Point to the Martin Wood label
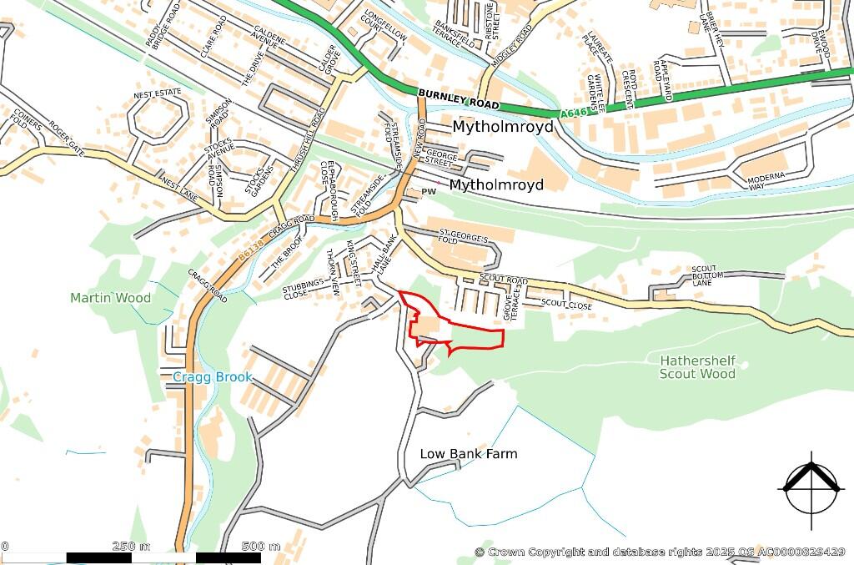111,298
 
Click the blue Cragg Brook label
212,377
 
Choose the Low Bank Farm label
468,454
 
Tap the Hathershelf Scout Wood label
697,367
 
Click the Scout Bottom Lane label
704,276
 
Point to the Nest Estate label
157,93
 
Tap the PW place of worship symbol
430,193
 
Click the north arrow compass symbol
810,489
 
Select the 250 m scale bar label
131,547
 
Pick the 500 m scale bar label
261,547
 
